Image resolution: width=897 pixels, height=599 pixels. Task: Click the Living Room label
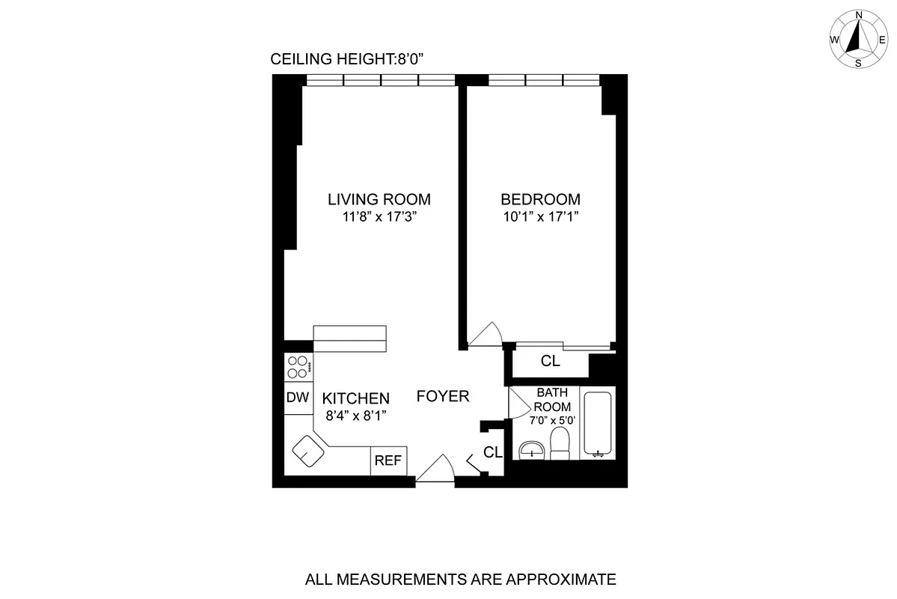pyautogui.click(x=379, y=199)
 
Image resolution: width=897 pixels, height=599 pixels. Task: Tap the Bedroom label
pyautogui.click(x=540, y=199)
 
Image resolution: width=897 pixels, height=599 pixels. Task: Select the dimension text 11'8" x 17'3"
pyautogui.click(x=379, y=218)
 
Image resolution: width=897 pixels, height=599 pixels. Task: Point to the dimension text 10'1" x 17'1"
pyautogui.click(x=540, y=218)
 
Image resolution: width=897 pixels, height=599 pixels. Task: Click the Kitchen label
pyautogui.click(x=355, y=398)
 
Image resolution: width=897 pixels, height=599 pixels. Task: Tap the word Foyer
pyautogui.click(x=443, y=396)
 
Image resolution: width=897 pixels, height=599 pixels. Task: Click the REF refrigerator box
pyautogui.click(x=388, y=460)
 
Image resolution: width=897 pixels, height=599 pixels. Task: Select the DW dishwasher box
pyautogui.click(x=297, y=398)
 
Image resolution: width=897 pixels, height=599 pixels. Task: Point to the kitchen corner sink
pyautogui.click(x=308, y=451)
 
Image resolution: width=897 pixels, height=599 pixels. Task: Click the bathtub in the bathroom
pyautogui.click(x=598, y=423)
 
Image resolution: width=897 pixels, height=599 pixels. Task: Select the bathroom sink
pyautogui.click(x=532, y=450)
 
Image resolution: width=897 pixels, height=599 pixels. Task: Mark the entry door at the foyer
pyautogui.click(x=435, y=471)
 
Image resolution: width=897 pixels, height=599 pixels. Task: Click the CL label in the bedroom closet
pyautogui.click(x=550, y=362)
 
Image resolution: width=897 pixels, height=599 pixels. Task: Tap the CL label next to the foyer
pyautogui.click(x=492, y=451)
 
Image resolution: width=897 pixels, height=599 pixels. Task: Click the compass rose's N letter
pyautogui.click(x=860, y=15)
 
